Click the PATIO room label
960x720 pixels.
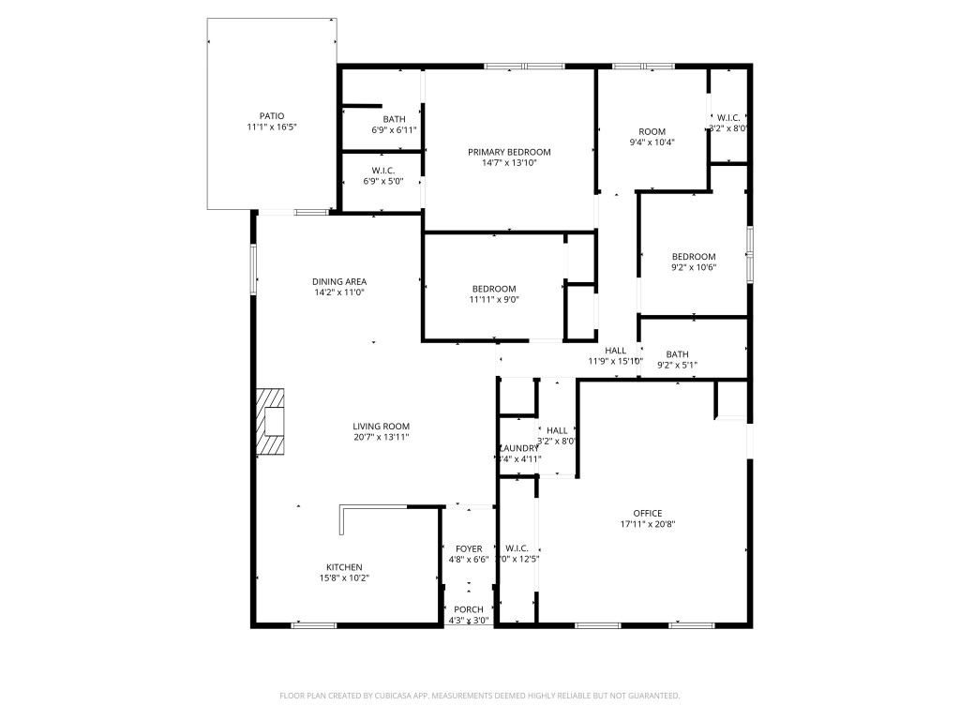pyautogui.click(x=272, y=116)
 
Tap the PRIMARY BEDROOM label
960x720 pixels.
pyautogui.click(x=509, y=152)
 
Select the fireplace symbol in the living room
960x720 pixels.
pyautogui.click(x=271, y=422)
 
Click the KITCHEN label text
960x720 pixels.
pyautogui.click(x=344, y=567)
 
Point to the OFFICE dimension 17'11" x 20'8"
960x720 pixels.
pyautogui.click(x=648, y=525)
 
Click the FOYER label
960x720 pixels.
pyautogui.click(x=469, y=548)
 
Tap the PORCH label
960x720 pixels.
pyautogui.click(x=469, y=609)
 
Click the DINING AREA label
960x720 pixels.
pyautogui.click(x=339, y=281)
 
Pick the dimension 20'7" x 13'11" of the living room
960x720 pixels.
pyautogui.click(x=381, y=437)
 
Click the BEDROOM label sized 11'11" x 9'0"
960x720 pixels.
pyautogui.click(x=493, y=288)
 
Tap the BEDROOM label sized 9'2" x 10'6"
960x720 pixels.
pyautogui.click(x=694, y=257)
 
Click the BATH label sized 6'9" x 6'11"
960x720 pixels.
pyautogui.click(x=394, y=119)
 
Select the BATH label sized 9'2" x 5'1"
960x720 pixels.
pyautogui.click(x=677, y=353)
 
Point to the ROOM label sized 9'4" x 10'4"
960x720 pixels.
pyautogui.click(x=652, y=131)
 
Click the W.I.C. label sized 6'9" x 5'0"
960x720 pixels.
pyautogui.click(x=382, y=171)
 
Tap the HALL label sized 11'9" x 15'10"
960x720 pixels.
pyautogui.click(x=615, y=351)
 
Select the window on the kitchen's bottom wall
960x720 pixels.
pyautogui.click(x=314, y=624)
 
